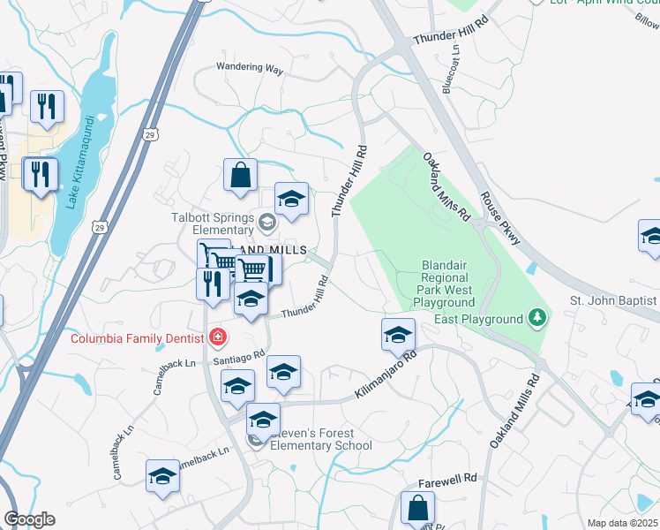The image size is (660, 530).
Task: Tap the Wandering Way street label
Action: pos(251,69)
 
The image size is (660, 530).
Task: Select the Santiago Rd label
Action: pos(238,355)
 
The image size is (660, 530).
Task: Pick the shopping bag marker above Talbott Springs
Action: pos(240,176)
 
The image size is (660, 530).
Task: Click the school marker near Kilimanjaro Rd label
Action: pos(398,336)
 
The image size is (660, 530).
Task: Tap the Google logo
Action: pos(29,519)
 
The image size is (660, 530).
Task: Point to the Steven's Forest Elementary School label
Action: pos(311,439)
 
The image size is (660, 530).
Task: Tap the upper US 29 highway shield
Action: pos(152,133)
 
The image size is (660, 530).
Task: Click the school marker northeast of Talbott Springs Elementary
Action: pos(291,200)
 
